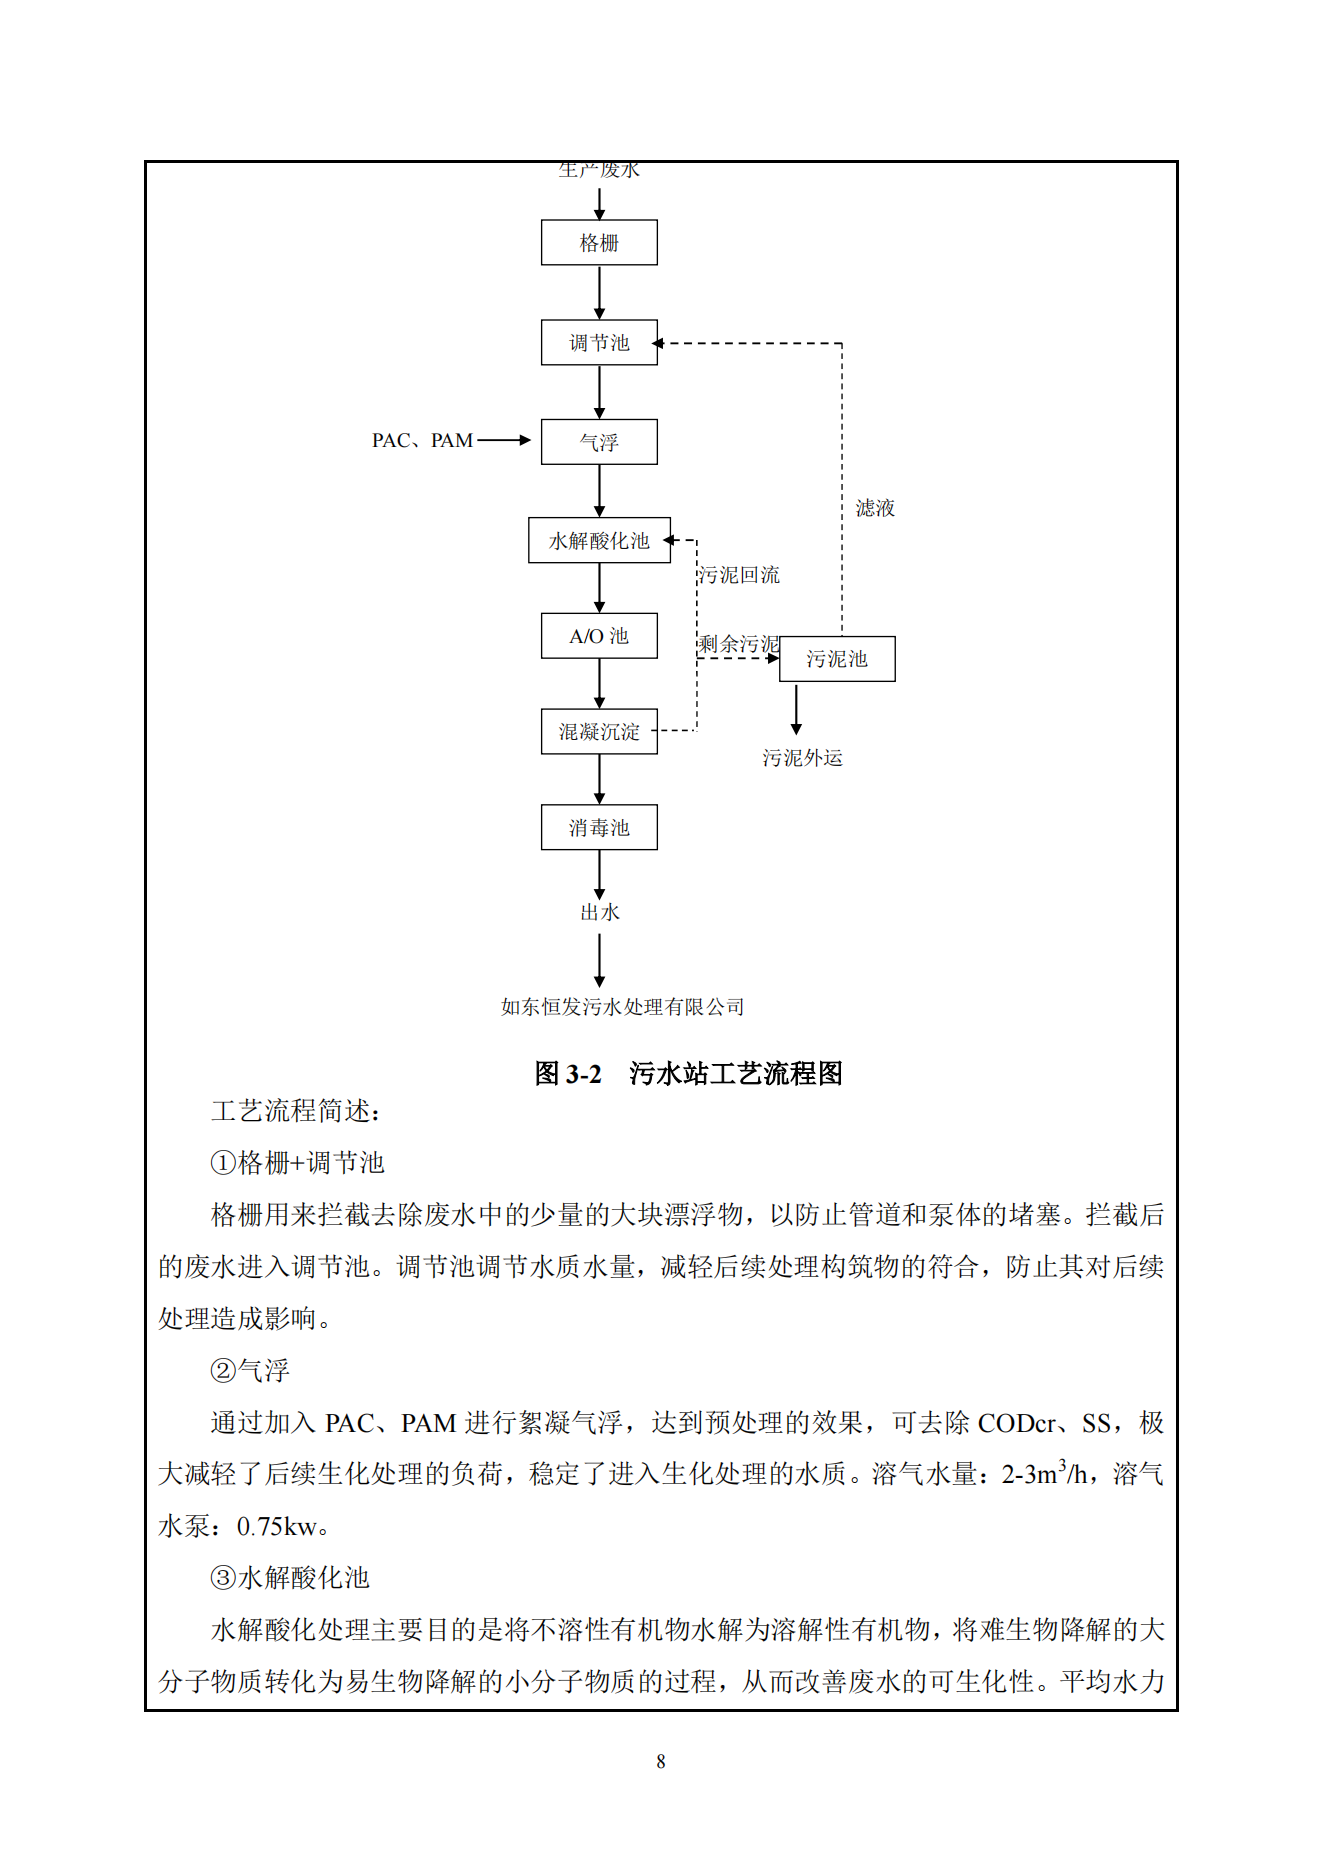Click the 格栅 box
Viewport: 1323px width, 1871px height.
pyautogui.click(x=599, y=243)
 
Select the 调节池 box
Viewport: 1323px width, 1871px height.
pyautogui.click(x=599, y=343)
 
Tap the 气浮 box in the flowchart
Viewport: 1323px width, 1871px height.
pyautogui.click(x=599, y=442)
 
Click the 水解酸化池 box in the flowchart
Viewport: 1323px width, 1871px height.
pyautogui.click(x=599, y=541)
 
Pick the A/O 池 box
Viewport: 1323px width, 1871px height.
pyautogui.click(x=599, y=636)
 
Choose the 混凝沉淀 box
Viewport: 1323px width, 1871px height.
pyautogui.click(x=599, y=732)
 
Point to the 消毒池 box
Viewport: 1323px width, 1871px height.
pyautogui.click(x=599, y=828)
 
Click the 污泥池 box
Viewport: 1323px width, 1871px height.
pyautogui.click(x=837, y=659)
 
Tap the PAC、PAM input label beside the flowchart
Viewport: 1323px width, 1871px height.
pyautogui.click(x=422, y=441)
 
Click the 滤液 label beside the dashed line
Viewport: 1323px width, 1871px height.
pyautogui.click(x=875, y=508)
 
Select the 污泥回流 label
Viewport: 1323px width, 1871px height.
pyautogui.click(x=739, y=575)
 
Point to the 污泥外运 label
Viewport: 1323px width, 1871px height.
pyautogui.click(x=802, y=758)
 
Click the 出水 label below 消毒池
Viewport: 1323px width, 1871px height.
pyautogui.click(x=600, y=912)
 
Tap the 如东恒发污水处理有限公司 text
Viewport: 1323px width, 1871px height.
pyautogui.click(x=622, y=1007)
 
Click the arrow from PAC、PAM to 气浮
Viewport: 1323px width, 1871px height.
pyautogui.click(x=504, y=440)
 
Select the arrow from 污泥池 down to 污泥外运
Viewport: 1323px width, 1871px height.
pyautogui.click(x=796, y=709)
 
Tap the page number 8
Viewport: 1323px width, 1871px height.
pyautogui.click(x=661, y=1761)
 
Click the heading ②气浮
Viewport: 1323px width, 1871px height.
pyautogui.click(x=250, y=1370)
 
